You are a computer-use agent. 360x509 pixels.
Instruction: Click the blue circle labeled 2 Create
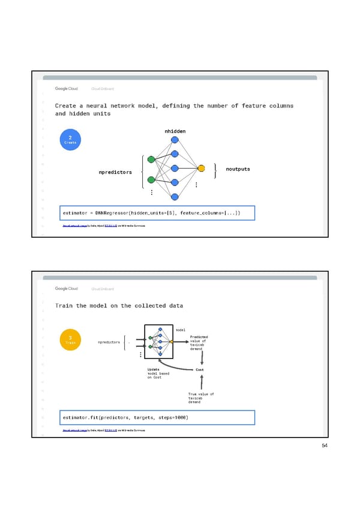pos(70,140)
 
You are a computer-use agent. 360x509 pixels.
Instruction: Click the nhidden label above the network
pos(175,131)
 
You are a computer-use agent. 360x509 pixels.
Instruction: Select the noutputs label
pos(238,169)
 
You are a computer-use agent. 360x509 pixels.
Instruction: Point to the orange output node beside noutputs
pos(201,168)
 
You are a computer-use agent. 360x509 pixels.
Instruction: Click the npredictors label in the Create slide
pos(115,172)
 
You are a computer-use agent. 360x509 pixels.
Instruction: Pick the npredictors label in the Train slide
pos(108,343)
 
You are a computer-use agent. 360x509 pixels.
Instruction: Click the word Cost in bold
pos(200,370)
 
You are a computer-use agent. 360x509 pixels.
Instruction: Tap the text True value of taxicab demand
pos(200,398)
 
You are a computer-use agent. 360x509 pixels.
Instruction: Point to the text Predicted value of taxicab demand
pos(199,342)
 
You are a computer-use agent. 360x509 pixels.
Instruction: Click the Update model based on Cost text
pos(158,373)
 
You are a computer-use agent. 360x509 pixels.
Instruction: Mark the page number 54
pos(325,445)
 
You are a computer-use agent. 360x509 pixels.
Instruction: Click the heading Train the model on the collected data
pos(119,306)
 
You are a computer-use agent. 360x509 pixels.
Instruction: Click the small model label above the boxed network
pos(181,330)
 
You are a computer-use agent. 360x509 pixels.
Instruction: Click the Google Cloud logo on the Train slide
pos(66,289)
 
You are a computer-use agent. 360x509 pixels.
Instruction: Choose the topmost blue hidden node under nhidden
pos(175,140)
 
